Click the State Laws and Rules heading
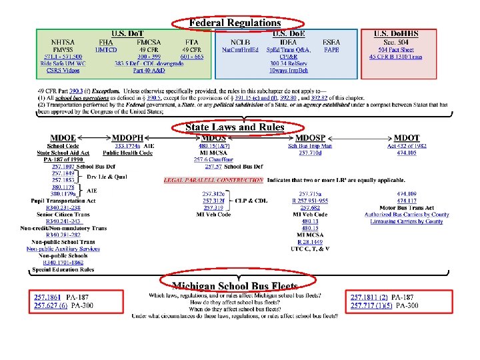click(x=235, y=127)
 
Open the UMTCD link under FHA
click(x=107, y=49)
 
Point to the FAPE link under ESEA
click(x=331, y=49)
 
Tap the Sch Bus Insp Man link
click(x=310, y=145)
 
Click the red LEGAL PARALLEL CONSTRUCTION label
click(x=213, y=180)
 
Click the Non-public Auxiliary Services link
click(x=63, y=249)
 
